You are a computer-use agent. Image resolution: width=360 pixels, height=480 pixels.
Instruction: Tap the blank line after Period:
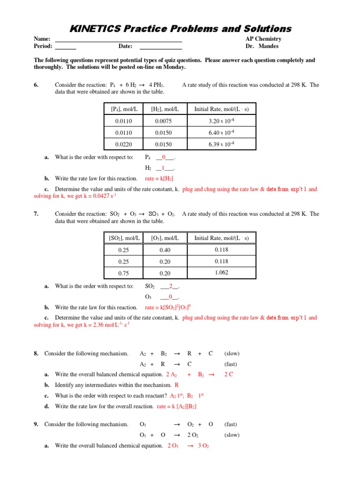click(66, 47)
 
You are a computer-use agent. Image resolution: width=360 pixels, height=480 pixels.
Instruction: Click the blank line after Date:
click(161, 47)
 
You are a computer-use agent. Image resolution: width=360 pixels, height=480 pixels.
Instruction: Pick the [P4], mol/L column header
click(124, 109)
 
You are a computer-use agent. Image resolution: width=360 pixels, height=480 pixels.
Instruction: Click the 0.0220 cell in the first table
click(124, 144)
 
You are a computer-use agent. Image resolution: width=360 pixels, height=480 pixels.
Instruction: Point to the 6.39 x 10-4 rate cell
click(221, 144)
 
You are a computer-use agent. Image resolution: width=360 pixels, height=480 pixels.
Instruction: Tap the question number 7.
click(37, 214)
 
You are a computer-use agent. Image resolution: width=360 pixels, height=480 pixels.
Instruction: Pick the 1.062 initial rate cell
click(221, 273)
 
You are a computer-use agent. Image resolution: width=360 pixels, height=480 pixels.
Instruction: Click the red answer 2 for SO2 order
click(171, 286)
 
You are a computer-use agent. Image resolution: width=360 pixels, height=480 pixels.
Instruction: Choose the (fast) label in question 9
click(231, 424)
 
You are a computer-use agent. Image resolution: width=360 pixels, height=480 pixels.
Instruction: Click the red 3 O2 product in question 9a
click(203, 446)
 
